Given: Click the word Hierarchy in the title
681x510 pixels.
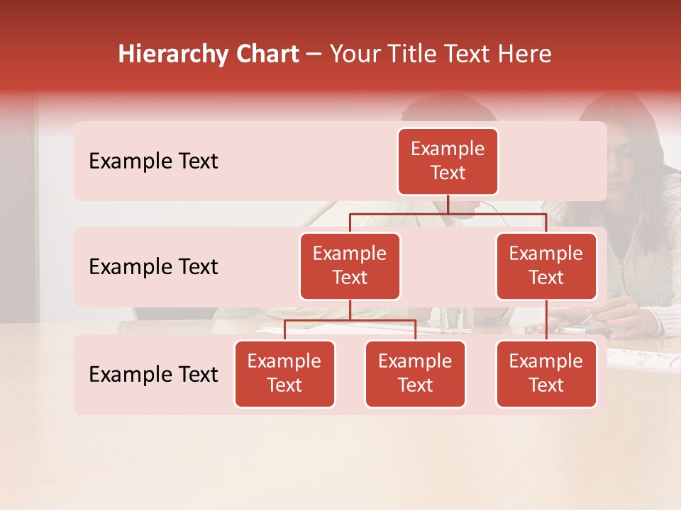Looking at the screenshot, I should click(173, 55).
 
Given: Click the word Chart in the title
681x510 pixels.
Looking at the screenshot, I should click(266, 55).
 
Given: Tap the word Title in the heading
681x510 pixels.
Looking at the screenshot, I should click(412, 55).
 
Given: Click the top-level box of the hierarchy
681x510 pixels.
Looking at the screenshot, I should click(448, 161).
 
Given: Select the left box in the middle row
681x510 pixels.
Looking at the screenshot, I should click(350, 266).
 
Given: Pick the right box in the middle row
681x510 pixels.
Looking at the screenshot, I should click(546, 266).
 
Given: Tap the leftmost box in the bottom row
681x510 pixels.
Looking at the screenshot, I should click(284, 374).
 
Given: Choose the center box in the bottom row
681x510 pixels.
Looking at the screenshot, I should click(415, 374).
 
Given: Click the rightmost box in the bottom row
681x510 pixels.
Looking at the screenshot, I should click(546, 374).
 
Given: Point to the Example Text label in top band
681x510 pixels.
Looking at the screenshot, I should click(153, 161).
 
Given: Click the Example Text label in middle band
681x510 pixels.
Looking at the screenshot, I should click(153, 267).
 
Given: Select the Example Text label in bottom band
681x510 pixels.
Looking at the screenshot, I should click(153, 374).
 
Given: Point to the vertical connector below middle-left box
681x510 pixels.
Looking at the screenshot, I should click(350, 310).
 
